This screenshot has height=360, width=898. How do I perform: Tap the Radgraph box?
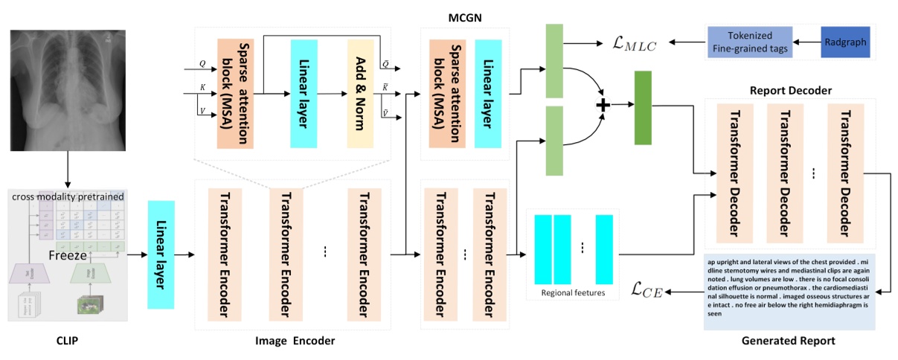pyautogui.click(x=844, y=42)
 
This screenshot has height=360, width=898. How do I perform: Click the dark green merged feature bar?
pyautogui.click(x=642, y=107)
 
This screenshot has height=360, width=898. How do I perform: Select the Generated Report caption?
pyautogui.click(x=788, y=341)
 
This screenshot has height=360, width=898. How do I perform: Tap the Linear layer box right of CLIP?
pyautogui.click(x=161, y=254)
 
